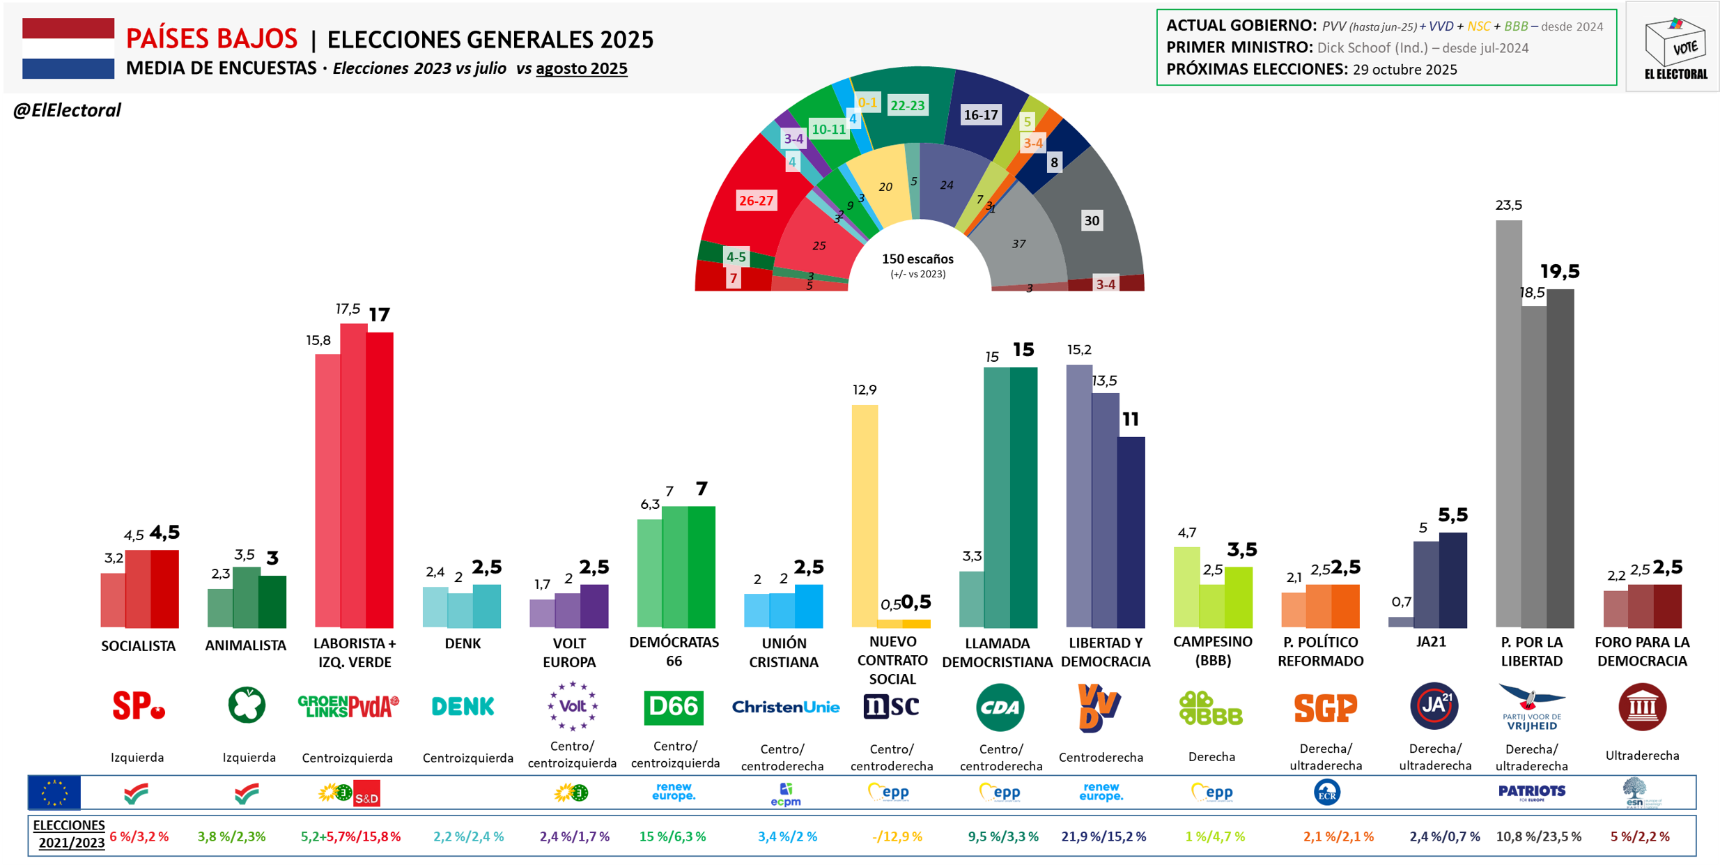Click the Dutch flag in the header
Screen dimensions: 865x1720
tap(68, 48)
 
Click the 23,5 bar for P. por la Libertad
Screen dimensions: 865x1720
tap(1508, 424)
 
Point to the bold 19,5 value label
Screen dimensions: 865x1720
tap(1559, 271)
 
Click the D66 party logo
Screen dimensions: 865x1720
tap(673, 707)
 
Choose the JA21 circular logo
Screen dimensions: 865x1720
tap(1434, 706)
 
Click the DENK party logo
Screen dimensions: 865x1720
tap(463, 707)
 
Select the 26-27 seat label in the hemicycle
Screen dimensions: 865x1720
tap(756, 201)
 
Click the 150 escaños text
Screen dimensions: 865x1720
tap(917, 259)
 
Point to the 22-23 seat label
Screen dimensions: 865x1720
tap(907, 105)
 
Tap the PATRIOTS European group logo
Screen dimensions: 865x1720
tap(1531, 792)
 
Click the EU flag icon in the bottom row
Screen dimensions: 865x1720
tap(54, 793)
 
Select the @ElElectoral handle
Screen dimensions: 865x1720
tap(67, 110)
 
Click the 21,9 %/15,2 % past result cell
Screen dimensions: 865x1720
tap(1103, 836)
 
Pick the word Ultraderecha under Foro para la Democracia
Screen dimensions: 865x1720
tap(1642, 756)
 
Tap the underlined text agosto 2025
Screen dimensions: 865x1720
tap(581, 68)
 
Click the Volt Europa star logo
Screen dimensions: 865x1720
tap(572, 706)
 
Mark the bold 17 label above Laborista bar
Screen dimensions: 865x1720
tap(379, 315)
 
